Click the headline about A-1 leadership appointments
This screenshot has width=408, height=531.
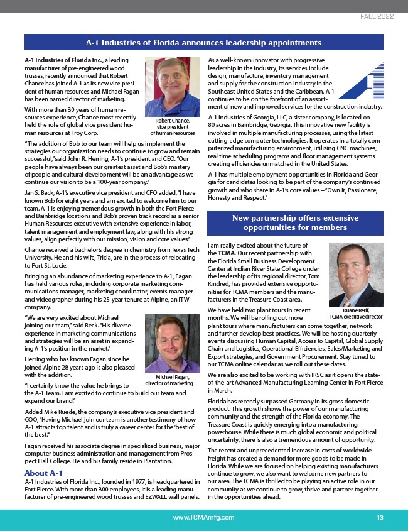(x=204, y=43)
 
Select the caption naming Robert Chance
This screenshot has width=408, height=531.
(x=173, y=127)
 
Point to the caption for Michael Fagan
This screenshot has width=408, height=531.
(x=169, y=380)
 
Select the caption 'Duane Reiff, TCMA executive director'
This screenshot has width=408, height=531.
(x=356, y=314)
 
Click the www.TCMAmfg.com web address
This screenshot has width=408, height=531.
(x=204, y=517)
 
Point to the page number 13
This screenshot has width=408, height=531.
(x=380, y=517)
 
